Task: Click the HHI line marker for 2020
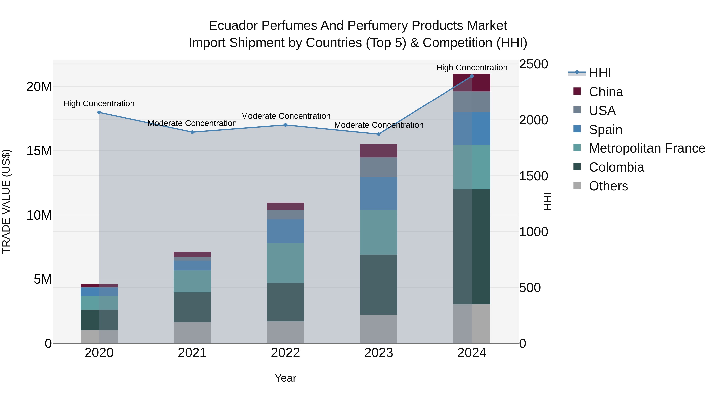click(x=99, y=112)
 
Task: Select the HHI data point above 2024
click(x=472, y=76)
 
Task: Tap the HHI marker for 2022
click(x=285, y=125)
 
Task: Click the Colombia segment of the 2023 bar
click(x=378, y=285)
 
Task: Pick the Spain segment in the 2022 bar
click(x=285, y=231)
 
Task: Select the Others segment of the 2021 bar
click(x=192, y=332)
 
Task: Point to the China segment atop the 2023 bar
click(x=378, y=151)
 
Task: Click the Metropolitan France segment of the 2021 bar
click(x=192, y=281)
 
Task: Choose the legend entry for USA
click(x=602, y=110)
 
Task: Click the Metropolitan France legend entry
click(x=647, y=148)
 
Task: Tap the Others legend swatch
click(x=577, y=185)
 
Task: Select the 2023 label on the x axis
click(x=378, y=353)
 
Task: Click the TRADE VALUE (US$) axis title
click(x=6, y=201)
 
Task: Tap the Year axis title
click(x=285, y=378)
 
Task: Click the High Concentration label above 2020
click(x=99, y=103)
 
